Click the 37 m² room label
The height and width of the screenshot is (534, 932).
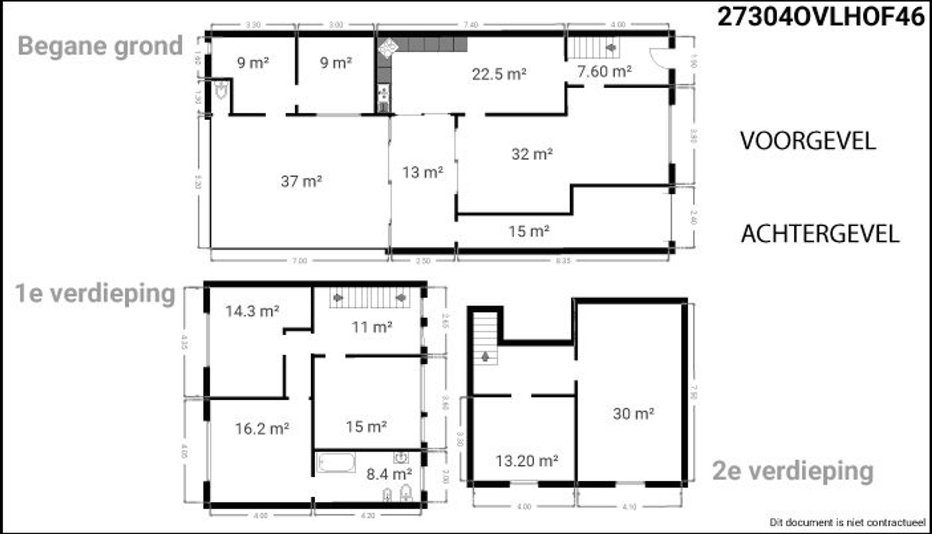301,182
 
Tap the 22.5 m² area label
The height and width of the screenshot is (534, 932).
499,74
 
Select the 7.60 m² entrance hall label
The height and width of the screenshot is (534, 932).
604,71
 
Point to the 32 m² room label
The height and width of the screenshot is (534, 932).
532,154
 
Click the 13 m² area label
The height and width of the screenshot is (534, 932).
422,173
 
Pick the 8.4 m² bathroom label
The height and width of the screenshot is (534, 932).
389,474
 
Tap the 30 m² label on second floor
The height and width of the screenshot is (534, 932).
633,414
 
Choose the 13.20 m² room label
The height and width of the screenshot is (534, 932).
527,461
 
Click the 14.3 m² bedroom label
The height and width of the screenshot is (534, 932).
252,311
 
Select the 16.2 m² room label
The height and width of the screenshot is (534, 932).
262,429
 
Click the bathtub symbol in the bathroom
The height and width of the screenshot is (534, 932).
336,463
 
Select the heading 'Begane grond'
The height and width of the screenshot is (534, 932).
100,46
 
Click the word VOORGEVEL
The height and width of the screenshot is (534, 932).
808,141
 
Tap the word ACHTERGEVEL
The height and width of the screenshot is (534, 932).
820,234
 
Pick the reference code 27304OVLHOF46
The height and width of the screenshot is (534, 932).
821,17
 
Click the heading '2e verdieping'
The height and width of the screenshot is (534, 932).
792,471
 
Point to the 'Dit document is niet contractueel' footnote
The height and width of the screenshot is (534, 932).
847,522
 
